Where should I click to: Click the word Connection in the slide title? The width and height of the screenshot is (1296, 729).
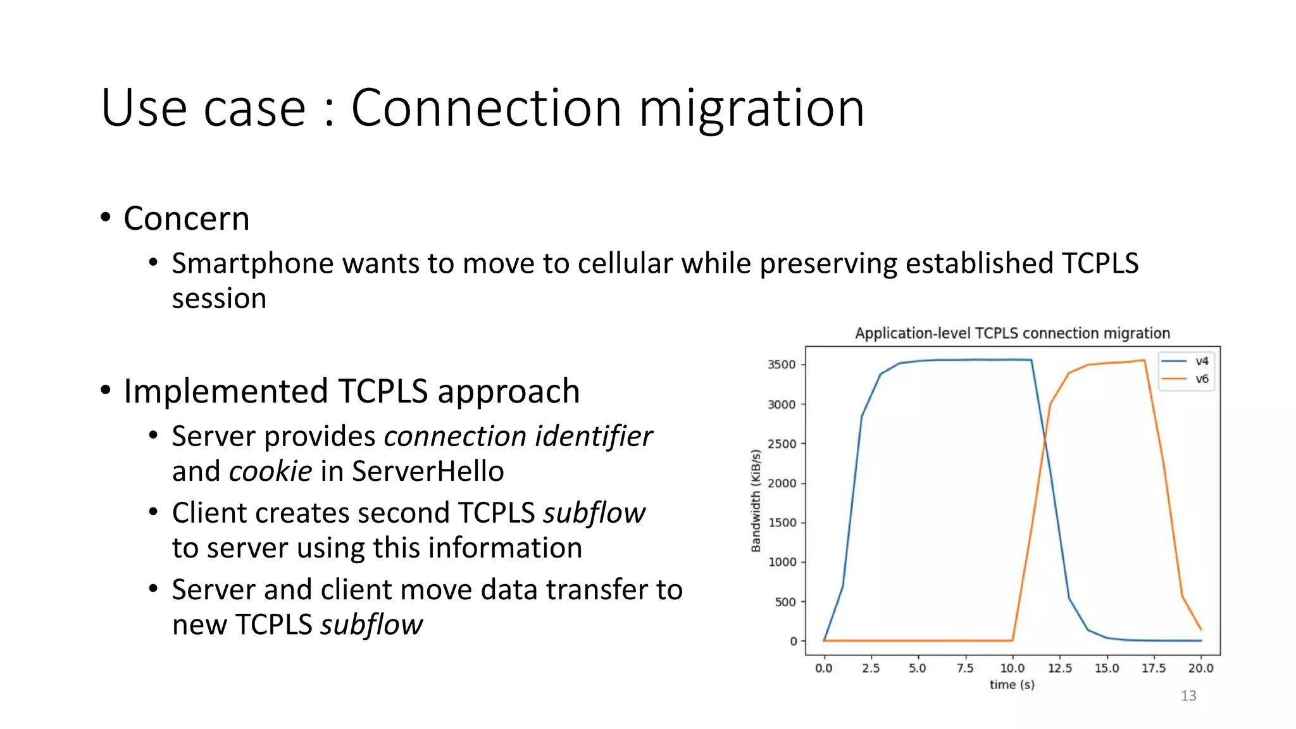click(485, 108)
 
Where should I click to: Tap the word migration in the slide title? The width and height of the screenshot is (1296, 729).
click(751, 108)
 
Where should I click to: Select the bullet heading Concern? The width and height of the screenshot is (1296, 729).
click(186, 219)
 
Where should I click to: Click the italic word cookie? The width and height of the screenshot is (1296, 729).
click(270, 471)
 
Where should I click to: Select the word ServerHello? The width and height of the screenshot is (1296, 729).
click(428, 471)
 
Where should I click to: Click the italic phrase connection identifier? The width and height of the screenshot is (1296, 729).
click(518, 437)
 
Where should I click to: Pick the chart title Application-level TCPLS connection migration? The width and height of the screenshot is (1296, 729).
click(1012, 333)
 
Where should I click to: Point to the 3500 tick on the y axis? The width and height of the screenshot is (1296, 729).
click(782, 364)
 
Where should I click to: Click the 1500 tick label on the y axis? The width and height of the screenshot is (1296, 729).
click(782, 523)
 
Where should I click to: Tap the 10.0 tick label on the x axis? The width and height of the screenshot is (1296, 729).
click(1012, 668)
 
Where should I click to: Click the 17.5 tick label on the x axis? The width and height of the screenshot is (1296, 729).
click(1154, 668)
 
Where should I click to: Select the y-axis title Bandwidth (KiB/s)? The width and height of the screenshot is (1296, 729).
click(756, 500)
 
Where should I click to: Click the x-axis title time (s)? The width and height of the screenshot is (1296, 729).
click(1012, 685)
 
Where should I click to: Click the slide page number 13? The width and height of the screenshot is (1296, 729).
click(1188, 696)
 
